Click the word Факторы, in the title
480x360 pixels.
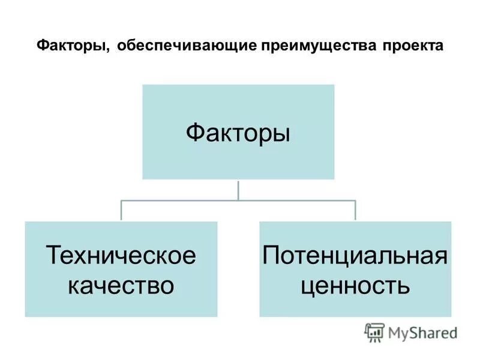pos(72,46)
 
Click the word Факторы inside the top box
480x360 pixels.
pos(238,131)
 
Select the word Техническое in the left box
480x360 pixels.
pos(121,256)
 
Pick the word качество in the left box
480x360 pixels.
pos(121,284)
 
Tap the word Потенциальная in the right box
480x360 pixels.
pos(355,256)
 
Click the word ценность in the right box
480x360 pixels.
pos(355,284)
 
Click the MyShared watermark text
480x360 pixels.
pos(422,332)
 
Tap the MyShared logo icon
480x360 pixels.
pos(375,332)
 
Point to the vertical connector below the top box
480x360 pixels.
pos(238,190)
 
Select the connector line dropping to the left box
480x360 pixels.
pos(121,211)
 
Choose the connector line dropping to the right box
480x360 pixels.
pos(355,211)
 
